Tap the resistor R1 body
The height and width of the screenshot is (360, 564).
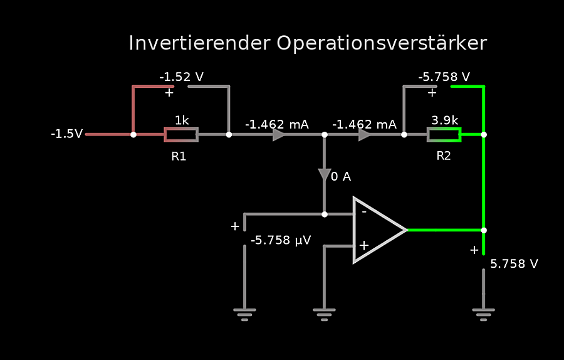[x=181, y=134]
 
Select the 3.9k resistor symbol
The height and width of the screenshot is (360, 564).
[x=444, y=134]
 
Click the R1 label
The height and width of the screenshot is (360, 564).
[x=179, y=156]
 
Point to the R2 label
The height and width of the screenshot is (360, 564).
[x=444, y=156]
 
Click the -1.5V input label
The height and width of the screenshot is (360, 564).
[x=67, y=134]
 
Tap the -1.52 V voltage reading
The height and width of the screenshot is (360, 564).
[x=181, y=77]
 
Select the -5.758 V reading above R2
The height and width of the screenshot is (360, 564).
[x=444, y=77]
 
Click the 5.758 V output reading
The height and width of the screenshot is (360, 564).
[x=514, y=264]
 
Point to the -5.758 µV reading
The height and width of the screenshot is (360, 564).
[x=281, y=240]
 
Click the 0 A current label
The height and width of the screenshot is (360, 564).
[x=341, y=177]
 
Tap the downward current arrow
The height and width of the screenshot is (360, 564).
[x=324, y=175]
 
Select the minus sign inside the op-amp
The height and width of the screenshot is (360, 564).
[x=363, y=212]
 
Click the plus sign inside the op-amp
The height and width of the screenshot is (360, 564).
[x=363, y=245]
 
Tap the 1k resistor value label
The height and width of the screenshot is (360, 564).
[x=182, y=120]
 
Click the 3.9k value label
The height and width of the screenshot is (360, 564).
[x=444, y=120]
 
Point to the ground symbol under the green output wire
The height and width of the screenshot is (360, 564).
[x=484, y=314]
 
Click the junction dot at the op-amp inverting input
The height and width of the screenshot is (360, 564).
[x=324, y=214]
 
